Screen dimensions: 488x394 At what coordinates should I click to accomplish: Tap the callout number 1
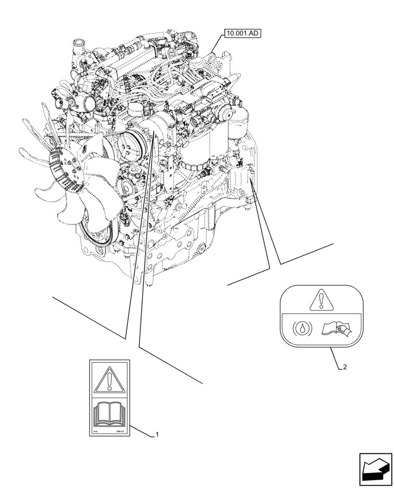(x=157, y=434)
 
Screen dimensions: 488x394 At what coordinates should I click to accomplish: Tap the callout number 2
(x=345, y=367)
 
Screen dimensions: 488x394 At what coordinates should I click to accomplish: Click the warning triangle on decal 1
(x=110, y=379)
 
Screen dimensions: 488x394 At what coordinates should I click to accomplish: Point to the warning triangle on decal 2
(x=320, y=301)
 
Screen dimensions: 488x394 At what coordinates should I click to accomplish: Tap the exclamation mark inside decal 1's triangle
(x=110, y=380)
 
